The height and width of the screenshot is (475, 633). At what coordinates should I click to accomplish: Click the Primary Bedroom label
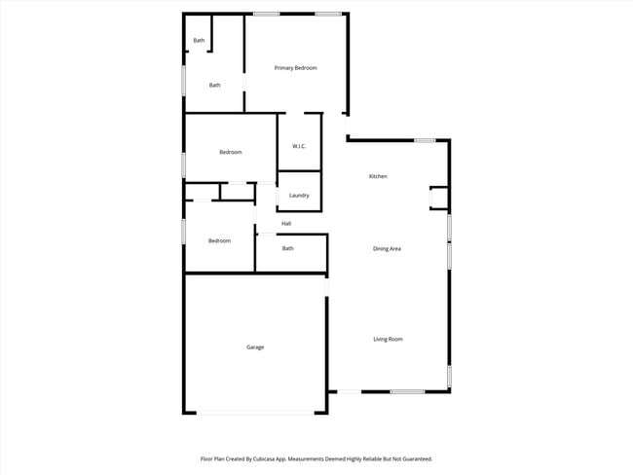[x=295, y=68]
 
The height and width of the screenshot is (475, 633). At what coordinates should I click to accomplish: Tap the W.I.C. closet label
[x=299, y=147]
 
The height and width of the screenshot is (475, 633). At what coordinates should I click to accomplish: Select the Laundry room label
[x=299, y=196]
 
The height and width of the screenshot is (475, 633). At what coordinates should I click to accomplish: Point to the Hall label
[x=286, y=224]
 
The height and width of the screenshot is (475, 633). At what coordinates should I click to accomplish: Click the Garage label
[x=255, y=347]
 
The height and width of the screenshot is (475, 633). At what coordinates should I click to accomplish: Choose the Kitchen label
[x=378, y=176]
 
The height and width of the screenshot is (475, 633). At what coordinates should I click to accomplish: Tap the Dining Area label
[x=388, y=249]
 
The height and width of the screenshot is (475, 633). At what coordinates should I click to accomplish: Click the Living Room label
[x=388, y=340]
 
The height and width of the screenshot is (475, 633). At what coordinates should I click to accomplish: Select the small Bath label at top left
[x=199, y=41]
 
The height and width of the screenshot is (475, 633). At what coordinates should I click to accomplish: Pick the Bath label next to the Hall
[x=288, y=249]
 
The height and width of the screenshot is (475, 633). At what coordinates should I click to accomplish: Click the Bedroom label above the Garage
[x=219, y=241]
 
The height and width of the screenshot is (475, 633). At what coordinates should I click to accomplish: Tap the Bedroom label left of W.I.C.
[x=231, y=153]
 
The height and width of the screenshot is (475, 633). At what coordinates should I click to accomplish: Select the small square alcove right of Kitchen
[x=438, y=198]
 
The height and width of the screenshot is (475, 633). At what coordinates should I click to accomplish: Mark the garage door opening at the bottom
[x=257, y=414]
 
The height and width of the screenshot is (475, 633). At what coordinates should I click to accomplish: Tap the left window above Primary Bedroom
[x=267, y=14]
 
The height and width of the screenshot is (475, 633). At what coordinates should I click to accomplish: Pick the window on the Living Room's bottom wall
[x=407, y=392]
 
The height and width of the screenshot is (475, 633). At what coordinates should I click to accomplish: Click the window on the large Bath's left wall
[x=184, y=80]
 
